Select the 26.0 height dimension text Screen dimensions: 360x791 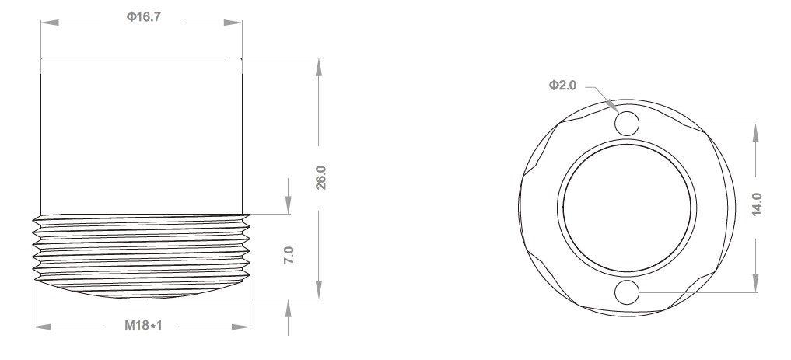pyautogui.click(x=320, y=177)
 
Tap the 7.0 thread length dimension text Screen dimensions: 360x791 pyautogui.click(x=289, y=255)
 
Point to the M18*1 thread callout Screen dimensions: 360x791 pyautogui.click(x=142, y=326)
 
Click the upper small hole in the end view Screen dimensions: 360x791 pyautogui.click(x=627, y=123)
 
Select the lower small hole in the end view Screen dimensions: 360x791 pyautogui.click(x=627, y=292)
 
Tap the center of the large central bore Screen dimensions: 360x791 pyautogui.click(x=626, y=208)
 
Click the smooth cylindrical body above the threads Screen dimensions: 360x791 pyautogui.click(x=142, y=136)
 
